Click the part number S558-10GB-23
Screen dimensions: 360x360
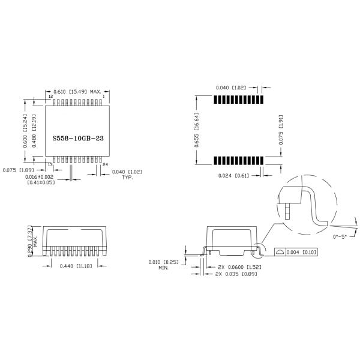pyautogui.click(x=77, y=137)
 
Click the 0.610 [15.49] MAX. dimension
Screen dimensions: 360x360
pyautogui.click(x=77, y=91)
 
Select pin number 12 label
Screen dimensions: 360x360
pyautogui.click(x=50, y=96)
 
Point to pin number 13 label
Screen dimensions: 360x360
pyautogui.click(x=50, y=164)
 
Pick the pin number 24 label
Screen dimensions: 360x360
pyautogui.click(x=106, y=164)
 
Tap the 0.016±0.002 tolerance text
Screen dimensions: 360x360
pyautogui.click(x=40, y=177)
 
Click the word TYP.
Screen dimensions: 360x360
pyautogui.click(x=127, y=178)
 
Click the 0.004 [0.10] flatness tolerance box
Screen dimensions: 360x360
pyautogui.click(x=298, y=251)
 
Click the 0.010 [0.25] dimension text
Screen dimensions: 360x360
pyautogui.click(x=162, y=262)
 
